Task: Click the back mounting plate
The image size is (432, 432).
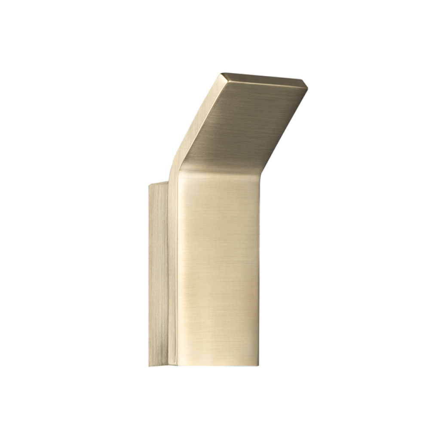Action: click(158, 275)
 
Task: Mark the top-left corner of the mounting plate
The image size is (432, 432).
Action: click(149, 186)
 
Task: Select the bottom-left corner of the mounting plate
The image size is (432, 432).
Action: click(149, 366)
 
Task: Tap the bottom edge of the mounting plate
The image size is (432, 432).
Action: click(158, 366)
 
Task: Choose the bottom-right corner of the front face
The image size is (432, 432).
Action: click(259, 366)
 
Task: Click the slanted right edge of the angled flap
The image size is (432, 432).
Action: click(284, 129)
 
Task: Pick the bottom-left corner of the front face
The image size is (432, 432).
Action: click(178, 365)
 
